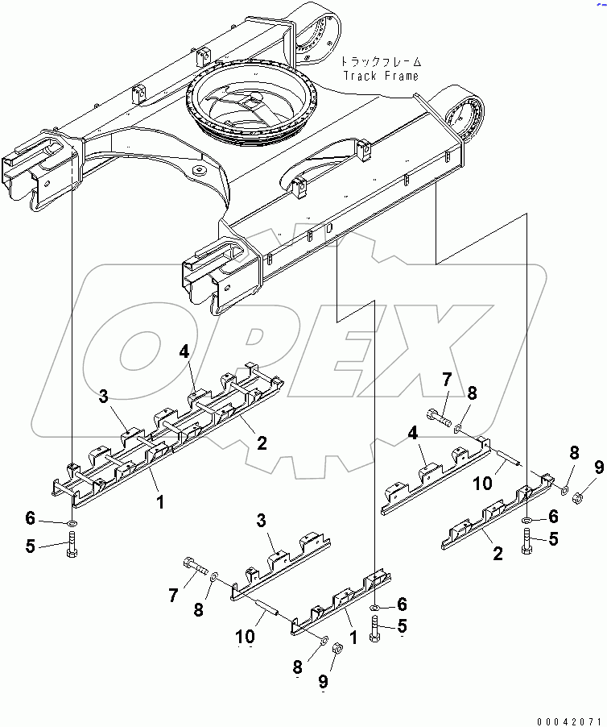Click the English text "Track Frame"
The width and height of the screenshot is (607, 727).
click(x=381, y=76)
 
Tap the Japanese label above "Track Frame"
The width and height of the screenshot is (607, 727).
click(x=380, y=61)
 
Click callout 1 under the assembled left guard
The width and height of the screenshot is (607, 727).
click(x=160, y=501)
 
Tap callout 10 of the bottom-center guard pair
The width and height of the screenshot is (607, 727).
click(x=247, y=637)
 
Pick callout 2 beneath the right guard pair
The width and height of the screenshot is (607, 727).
click(x=498, y=553)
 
